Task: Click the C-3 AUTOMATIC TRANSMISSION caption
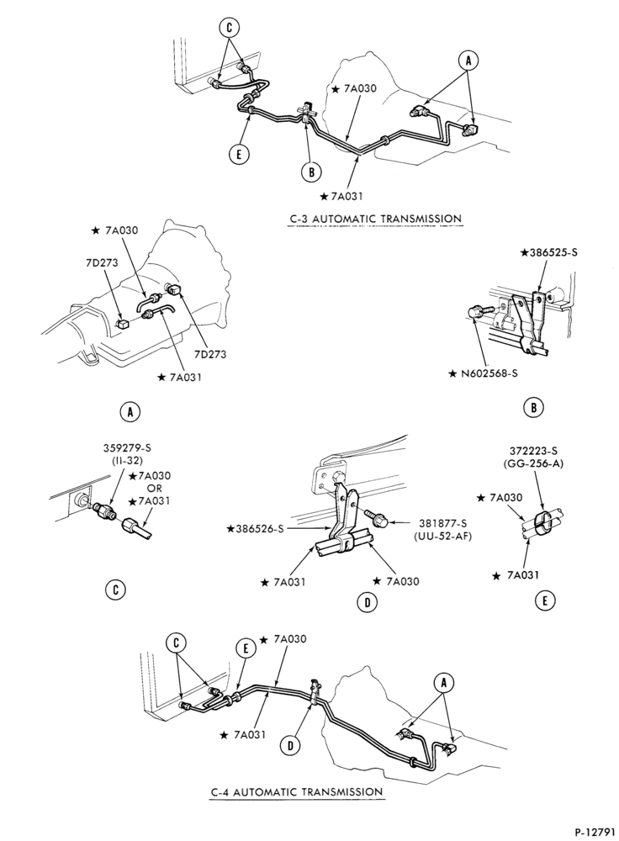pyautogui.click(x=374, y=219)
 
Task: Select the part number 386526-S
pyautogui.click(x=257, y=530)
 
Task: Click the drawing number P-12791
pyautogui.click(x=594, y=832)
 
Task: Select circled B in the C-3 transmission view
pyautogui.click(x=311, y=172)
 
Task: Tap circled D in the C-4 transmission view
pyautogui.click(x=291, y=744)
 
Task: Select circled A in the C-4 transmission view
pyautogui.click(x=443, y=683)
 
